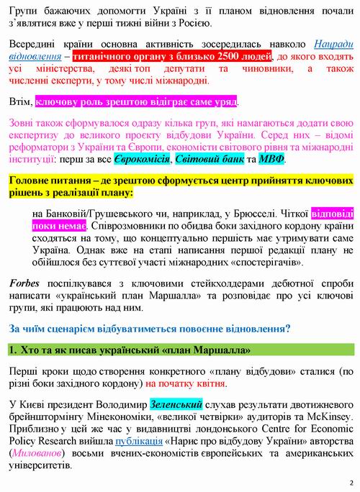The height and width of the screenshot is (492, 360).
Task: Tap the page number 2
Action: tap(350, 482)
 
